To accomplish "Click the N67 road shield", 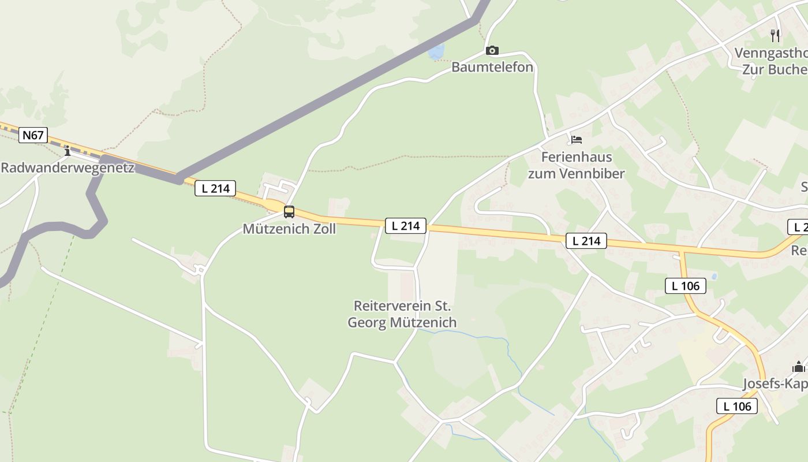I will coord(33,135).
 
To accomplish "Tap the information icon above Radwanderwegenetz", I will coord(68,151).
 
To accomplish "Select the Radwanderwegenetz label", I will coord(68,168).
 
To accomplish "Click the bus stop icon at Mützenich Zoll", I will coord(289,212).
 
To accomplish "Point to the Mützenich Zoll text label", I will coord(289,229).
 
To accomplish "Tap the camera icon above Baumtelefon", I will coord(492,51).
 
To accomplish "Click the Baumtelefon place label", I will coord(492,67).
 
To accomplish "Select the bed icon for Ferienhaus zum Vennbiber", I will coord(576,140).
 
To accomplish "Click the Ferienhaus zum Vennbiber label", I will coord(576,165).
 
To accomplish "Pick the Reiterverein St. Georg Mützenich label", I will coord(402,314).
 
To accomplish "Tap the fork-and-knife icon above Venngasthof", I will coord(775,36).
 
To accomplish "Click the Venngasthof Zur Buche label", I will coord(771,61).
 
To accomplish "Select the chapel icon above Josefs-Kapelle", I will coord(799,367).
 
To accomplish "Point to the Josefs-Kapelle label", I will coord(775,384).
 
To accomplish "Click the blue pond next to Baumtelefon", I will coord(436,52).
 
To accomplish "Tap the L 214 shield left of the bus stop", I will coord(215,188).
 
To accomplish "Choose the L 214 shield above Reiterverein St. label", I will coord(406,226).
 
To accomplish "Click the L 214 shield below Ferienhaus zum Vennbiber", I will coord(586,241).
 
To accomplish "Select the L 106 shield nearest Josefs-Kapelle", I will coord(738,406).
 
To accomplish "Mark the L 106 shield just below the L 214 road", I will coord(686,285).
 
